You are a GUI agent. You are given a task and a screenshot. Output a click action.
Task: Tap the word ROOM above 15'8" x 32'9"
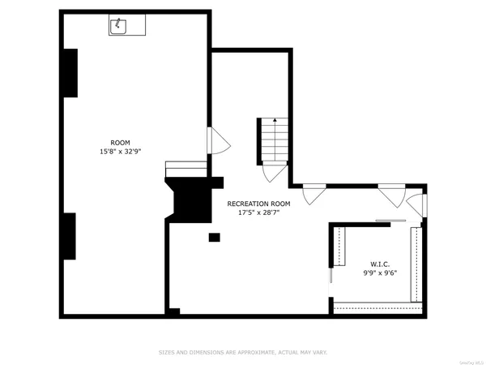(120, 142)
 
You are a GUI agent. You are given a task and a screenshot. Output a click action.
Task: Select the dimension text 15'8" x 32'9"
(120, 151)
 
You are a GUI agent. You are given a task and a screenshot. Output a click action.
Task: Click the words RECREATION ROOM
(258, 204)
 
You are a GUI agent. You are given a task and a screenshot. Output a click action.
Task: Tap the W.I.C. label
(380, 264)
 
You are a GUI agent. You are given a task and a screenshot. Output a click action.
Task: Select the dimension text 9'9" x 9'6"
(380, 273)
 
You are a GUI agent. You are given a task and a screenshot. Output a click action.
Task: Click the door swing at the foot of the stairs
(274, 171)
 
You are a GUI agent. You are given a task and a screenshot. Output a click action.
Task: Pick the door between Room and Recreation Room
(219, 141)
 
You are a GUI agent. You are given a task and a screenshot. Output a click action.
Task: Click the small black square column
(214, 237)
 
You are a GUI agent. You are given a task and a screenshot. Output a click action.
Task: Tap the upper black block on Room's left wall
(70, 73)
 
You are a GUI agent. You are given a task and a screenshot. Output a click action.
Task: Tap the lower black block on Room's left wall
(70, 236)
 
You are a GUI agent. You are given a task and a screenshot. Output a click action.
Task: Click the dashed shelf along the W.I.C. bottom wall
(378, 307)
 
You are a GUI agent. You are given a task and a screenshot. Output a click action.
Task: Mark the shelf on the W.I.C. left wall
(339, 247)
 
